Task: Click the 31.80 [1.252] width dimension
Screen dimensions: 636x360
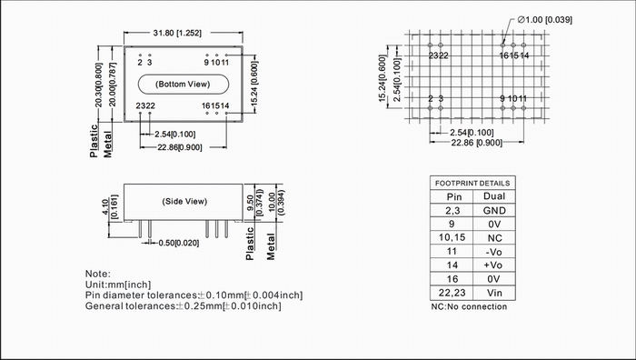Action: pos(177,33)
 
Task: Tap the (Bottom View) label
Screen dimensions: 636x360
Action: pos(183,84)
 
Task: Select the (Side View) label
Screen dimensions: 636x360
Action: pos(184,201)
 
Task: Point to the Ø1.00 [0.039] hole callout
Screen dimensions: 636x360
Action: pos(545,19)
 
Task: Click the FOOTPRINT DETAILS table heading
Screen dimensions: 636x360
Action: pos(472,183)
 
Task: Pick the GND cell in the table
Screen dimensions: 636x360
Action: pos(494,210)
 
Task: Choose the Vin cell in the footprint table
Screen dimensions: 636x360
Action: pos(494,293)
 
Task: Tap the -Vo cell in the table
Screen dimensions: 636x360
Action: pos(494,252)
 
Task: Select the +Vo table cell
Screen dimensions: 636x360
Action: pos(493,265)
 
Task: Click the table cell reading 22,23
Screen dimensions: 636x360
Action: pos(452,293)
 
